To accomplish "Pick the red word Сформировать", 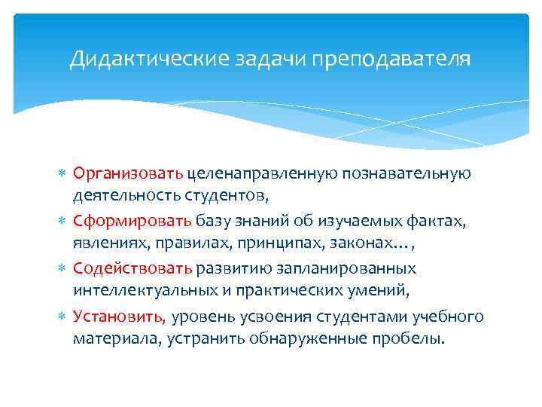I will click(x=132, y=221).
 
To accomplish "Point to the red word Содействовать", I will click(x=133, y=268).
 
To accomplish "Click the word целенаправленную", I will click(x=261, y=174).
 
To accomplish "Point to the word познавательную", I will click(x=406, y=173).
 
